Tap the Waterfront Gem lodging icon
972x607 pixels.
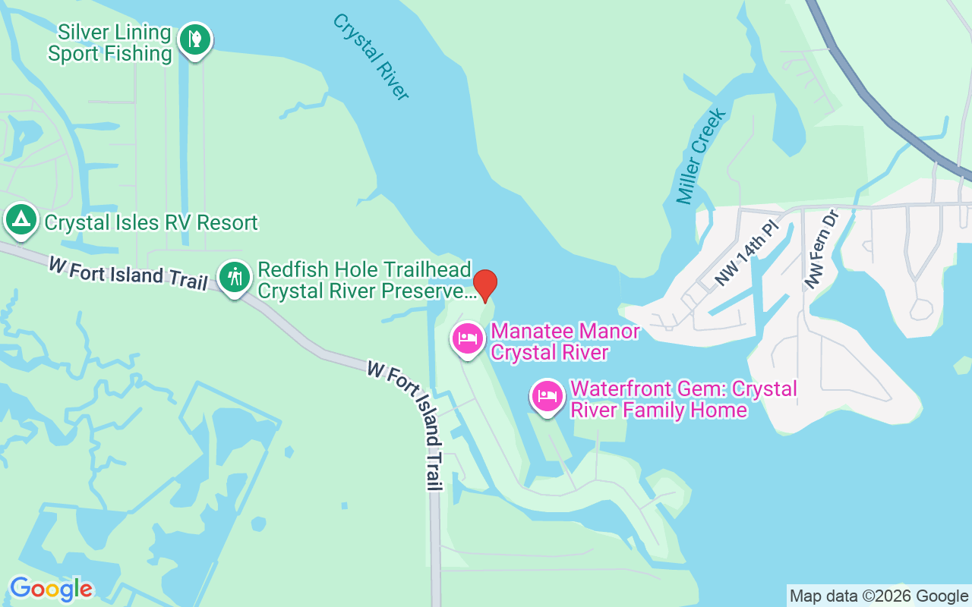(548, 396)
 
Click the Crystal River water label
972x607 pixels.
(371, 56)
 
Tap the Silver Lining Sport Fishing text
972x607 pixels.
(110, 42)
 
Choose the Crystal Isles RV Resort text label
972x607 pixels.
(151, 223)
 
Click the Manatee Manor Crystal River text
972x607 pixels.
(565, 342)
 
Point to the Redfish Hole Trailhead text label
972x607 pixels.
(364, 269)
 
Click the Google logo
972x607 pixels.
(51, 589)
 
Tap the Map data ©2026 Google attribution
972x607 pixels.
(879, 596)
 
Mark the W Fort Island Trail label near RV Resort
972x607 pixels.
(128, 272)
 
